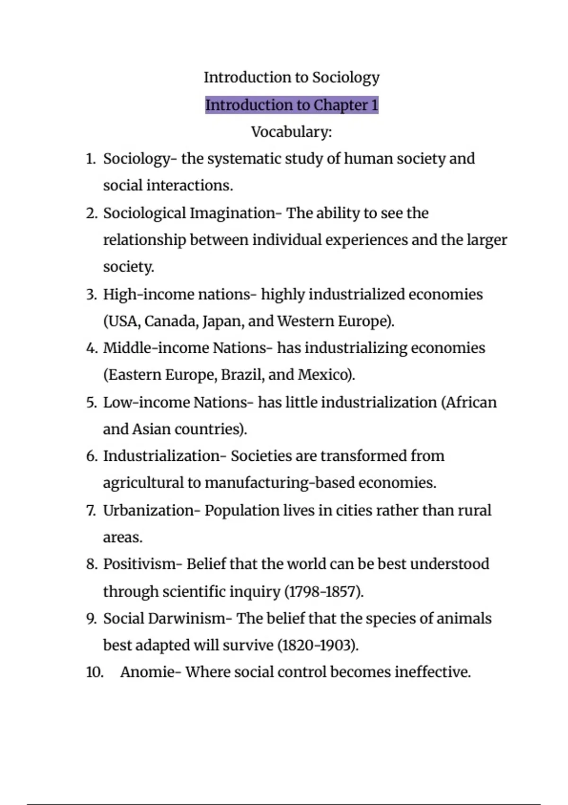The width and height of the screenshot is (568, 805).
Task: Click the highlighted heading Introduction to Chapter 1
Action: click(292, 105)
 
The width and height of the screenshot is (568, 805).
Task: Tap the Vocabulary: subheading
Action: click(292, 132)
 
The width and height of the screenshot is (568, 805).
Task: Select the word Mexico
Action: click(325, 375)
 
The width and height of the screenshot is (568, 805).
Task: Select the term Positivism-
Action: click(142, 564)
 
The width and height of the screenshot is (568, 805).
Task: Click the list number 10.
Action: click(95, 672)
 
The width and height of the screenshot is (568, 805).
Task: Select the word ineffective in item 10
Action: click(432, 672)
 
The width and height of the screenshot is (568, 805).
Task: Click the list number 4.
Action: click(91, 349)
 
